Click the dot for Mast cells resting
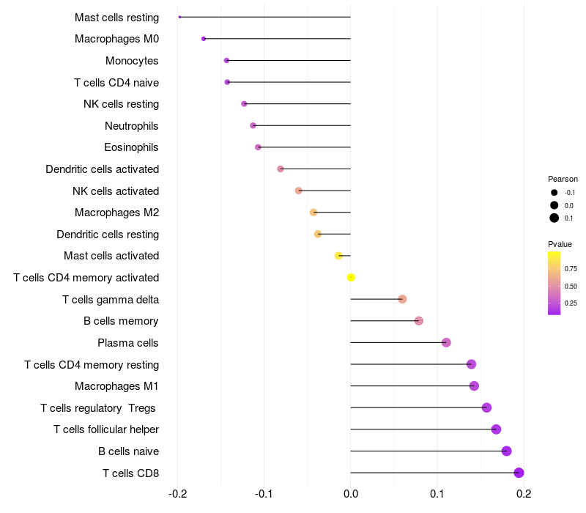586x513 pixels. [179, 17]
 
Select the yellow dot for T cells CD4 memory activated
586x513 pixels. [351, 278]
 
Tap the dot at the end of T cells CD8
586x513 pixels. [519, 473]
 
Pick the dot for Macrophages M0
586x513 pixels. [204, 39]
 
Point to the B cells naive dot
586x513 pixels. [506, 451]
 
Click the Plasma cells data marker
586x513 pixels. [446, 342]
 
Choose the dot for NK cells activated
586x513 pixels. [299, 191]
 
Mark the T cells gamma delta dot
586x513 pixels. [402, 299]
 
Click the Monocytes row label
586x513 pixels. [132, 61]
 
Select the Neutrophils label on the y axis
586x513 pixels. [132, 125]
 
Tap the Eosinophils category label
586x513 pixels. [131, 147]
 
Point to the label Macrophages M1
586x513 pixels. [116, 386]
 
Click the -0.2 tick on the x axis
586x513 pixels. [177, 494]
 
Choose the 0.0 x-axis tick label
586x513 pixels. [351, 494]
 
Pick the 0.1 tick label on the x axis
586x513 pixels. [437, 494]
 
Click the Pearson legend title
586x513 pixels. [563, 179]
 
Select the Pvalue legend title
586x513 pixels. [560, 244]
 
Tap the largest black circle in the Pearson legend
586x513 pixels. [555, 218]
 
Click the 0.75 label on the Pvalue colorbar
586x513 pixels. [571, 269]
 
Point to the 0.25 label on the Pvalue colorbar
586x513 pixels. [571, 303]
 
